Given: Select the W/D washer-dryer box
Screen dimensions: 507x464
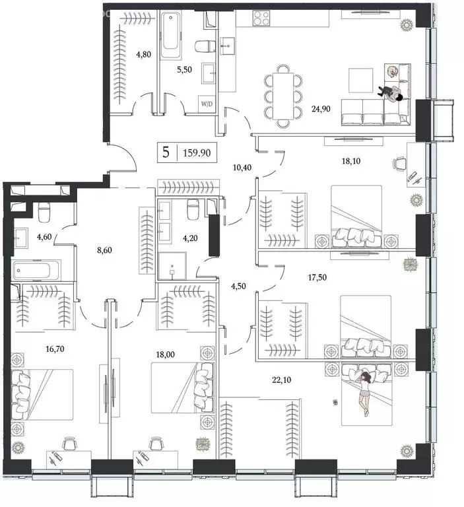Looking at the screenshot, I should coord(206,104).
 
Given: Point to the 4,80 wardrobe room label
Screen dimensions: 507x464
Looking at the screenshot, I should coord(144,55).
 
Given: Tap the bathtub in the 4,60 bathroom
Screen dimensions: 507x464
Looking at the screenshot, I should coord(36,269).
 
